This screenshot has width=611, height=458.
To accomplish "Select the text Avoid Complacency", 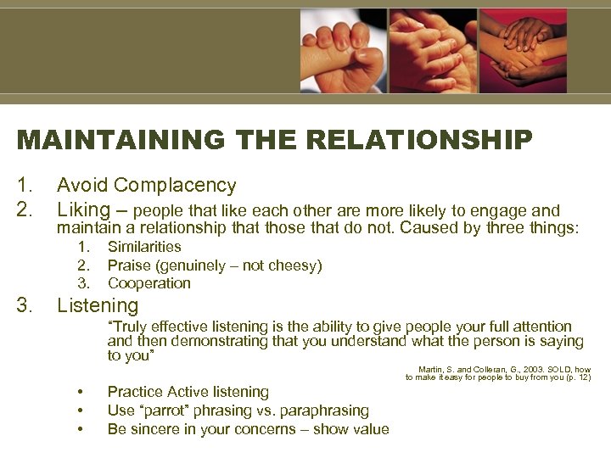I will coord(146,185).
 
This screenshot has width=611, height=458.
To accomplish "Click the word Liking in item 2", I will coord(83,209).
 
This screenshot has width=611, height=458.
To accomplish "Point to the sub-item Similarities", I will coord(144,247).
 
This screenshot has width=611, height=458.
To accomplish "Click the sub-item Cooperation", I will coord(149,283).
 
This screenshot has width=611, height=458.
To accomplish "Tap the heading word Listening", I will coord(97,305).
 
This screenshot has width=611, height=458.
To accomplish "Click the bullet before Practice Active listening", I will coord(80,392).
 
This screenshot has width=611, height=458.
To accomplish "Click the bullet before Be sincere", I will coord(80,429).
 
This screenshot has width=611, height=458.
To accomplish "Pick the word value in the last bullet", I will coord(370,429).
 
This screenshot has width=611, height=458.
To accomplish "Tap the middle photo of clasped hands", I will coord(432,51).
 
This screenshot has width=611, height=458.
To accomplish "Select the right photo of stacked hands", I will coord(523,51).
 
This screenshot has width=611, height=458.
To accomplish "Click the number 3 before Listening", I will coord(23,305).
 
